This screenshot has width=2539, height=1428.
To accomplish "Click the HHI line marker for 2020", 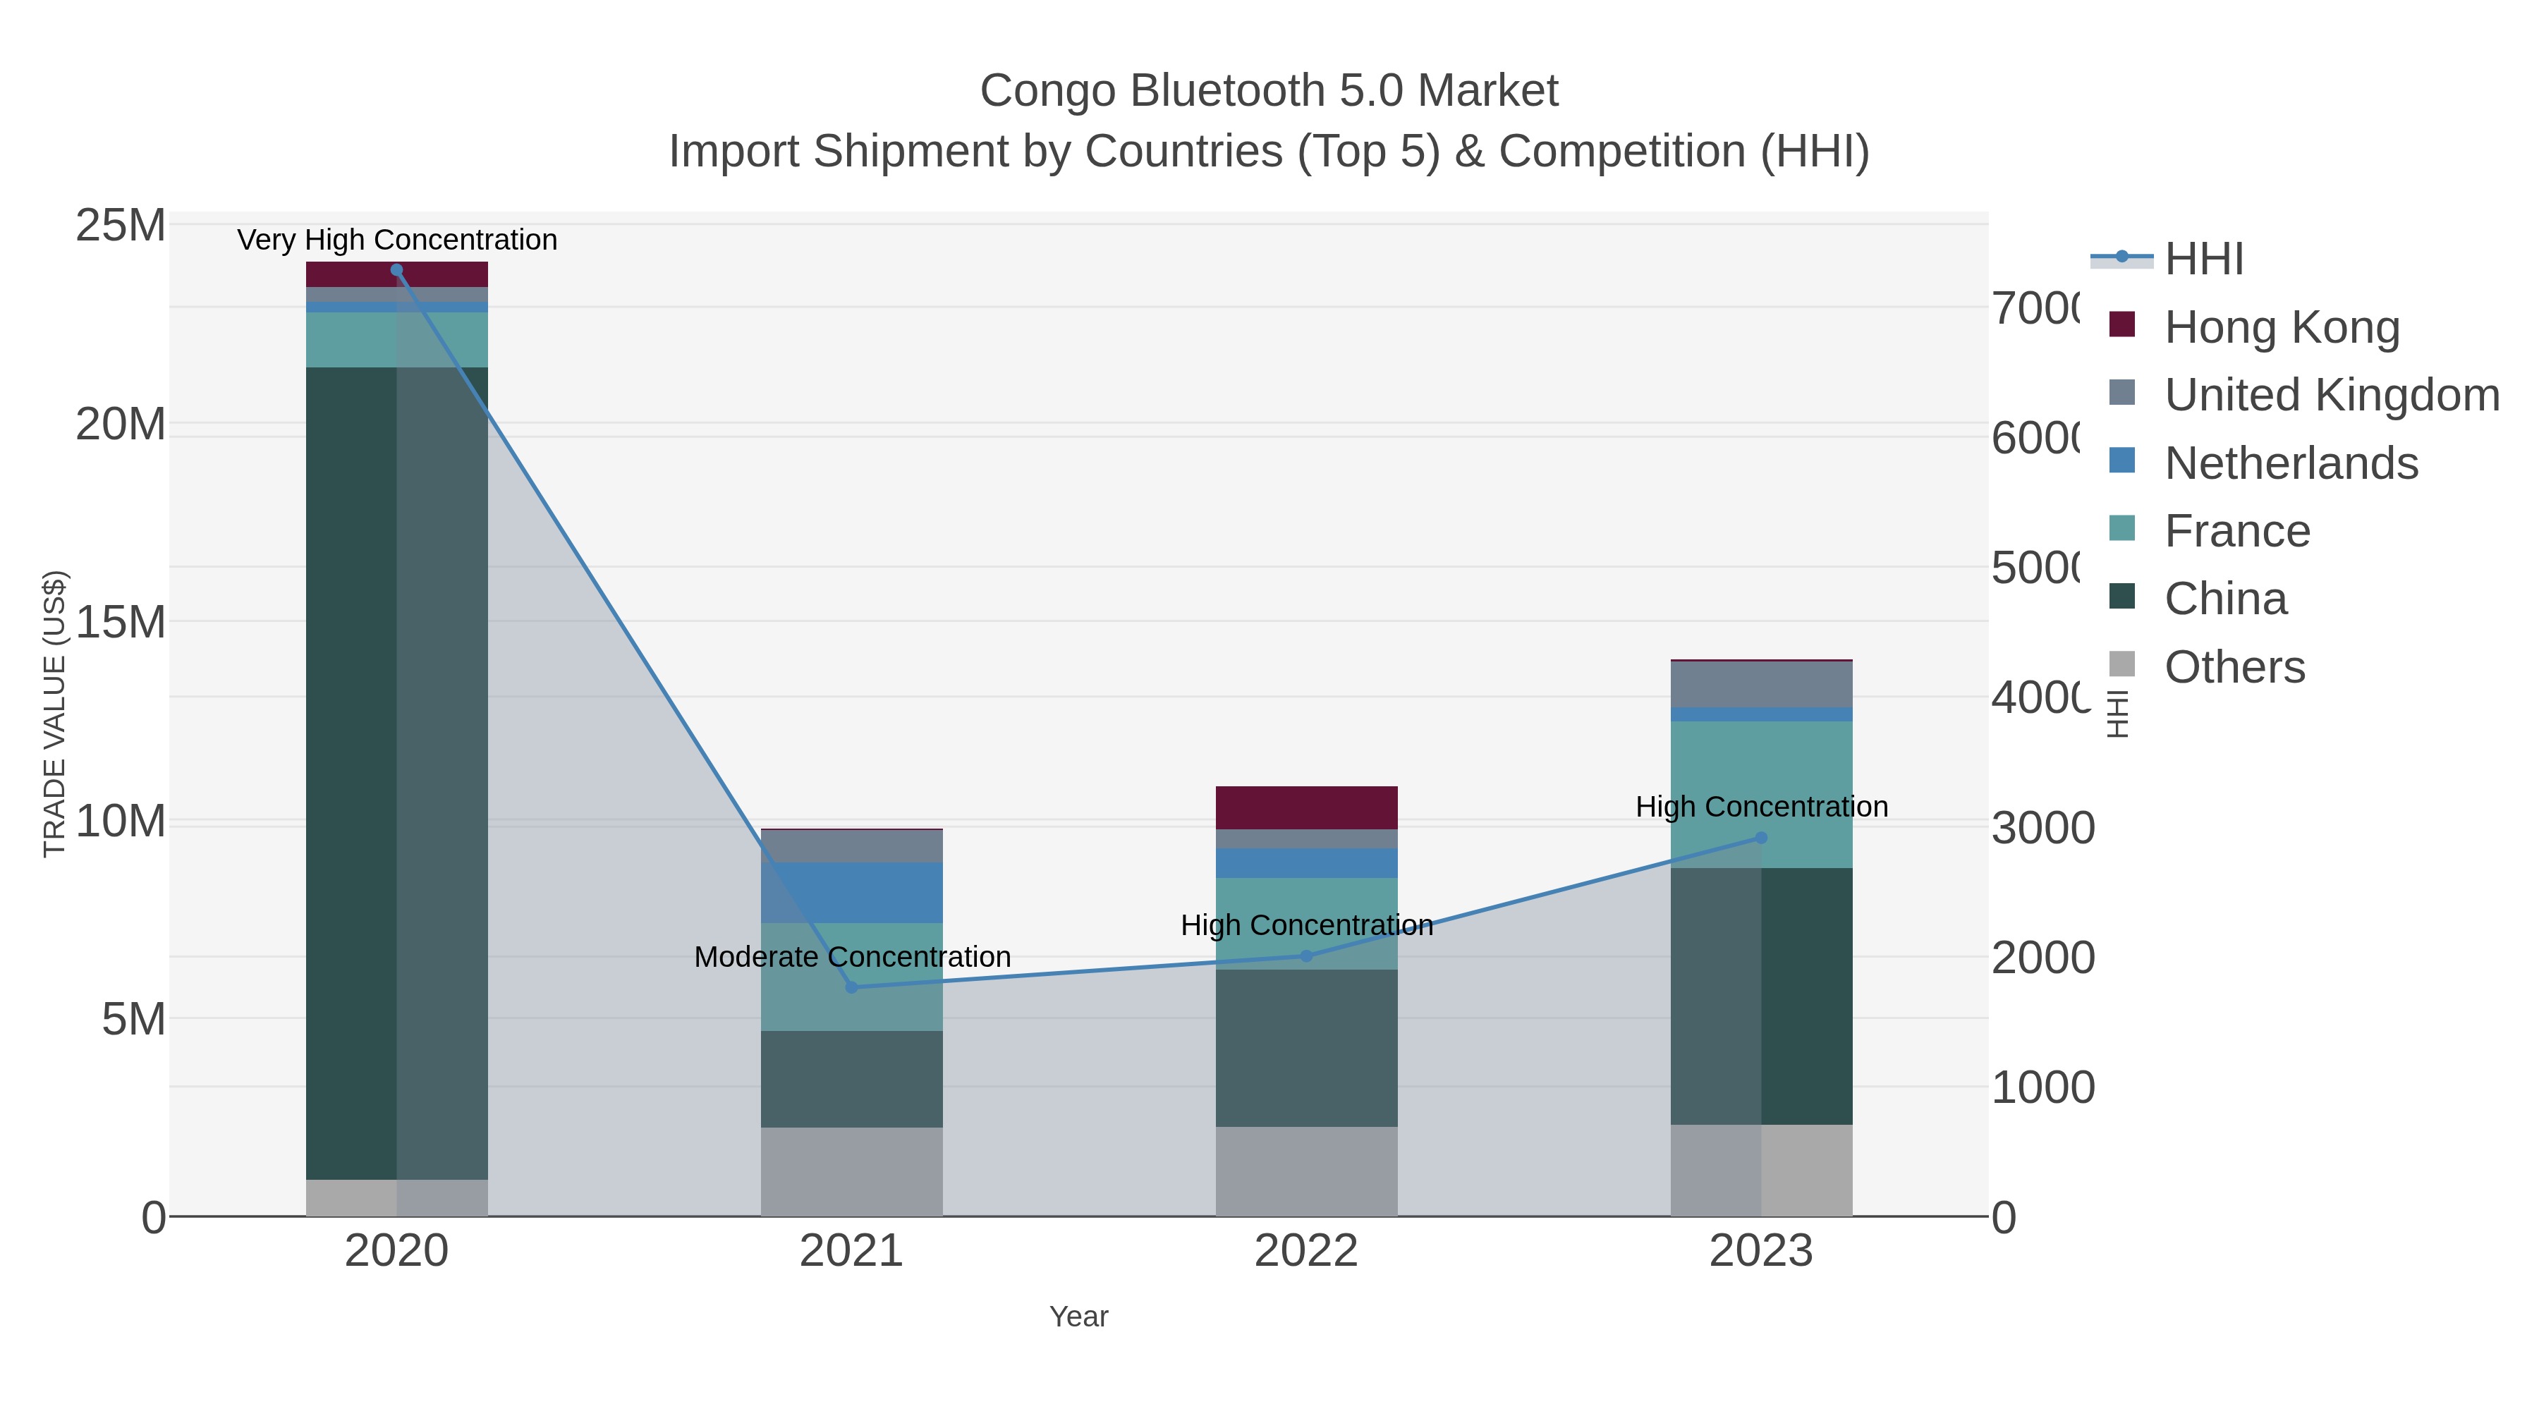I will (396, 270).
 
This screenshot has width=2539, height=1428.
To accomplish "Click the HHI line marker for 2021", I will (851, 987).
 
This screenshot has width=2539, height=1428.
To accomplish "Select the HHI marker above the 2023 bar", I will (1761, 838).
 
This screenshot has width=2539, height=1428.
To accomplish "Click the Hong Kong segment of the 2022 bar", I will (1306, 807).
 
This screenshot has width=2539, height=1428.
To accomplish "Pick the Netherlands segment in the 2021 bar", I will (851, 892).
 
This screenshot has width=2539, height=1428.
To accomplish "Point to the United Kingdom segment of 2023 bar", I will (1761, 684).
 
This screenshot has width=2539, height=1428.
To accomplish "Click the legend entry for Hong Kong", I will (2281, 327).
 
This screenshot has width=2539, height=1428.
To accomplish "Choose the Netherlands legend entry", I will (2291, 463).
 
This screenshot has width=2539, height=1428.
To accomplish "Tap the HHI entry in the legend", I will (2204, 260).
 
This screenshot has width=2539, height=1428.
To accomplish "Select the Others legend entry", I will (2234, 667).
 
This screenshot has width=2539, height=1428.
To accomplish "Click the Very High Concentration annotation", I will (397, 240).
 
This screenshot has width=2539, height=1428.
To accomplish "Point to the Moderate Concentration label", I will (851, 957).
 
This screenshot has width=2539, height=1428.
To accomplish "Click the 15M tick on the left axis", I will (120, 622).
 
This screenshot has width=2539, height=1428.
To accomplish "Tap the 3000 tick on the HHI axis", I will (2042, 828).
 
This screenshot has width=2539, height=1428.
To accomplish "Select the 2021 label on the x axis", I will (851, 1252).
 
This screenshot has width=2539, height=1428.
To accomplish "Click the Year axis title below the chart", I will (1078, 1317).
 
